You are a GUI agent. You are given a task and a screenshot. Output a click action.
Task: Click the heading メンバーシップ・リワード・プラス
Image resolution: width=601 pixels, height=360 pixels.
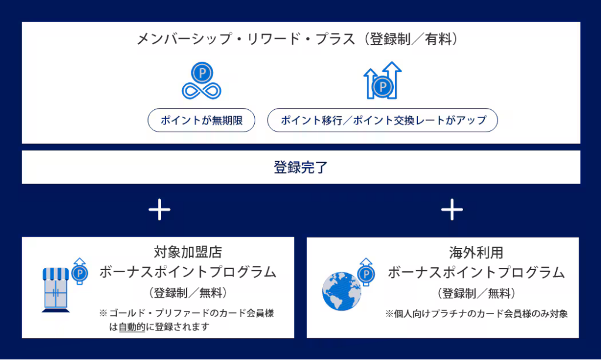(246, 39)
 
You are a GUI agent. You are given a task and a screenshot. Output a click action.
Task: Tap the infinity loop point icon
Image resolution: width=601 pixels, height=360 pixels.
(201, 82)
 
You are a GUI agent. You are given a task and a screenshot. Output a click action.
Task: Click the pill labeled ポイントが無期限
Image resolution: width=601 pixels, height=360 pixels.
(201, 120)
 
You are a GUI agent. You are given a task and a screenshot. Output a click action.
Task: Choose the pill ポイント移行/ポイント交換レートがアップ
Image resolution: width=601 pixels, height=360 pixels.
(383, 120)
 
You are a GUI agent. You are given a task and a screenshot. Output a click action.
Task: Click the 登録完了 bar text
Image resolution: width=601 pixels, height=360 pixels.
(300, 167)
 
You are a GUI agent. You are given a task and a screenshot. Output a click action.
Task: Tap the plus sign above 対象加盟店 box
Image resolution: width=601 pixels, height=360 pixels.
(160, 210)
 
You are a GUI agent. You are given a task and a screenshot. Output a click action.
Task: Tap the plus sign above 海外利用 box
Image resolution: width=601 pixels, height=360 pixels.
(451, 210)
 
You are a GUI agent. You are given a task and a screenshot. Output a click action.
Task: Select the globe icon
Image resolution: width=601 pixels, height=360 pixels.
(342, 291)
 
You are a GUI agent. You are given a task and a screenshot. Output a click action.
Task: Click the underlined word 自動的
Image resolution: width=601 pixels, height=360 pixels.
(131, 327)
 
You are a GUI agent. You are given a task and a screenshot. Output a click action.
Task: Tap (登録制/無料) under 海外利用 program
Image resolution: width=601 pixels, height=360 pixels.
(476, 292)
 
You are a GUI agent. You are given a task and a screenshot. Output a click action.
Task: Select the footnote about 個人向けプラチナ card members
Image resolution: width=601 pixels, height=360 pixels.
(476, 314)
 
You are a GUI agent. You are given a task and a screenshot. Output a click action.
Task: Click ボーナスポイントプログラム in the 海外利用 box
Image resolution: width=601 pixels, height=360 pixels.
(476, 272)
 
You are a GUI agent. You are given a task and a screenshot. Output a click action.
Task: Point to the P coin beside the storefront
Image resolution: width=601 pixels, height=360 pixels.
(79, 273)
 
